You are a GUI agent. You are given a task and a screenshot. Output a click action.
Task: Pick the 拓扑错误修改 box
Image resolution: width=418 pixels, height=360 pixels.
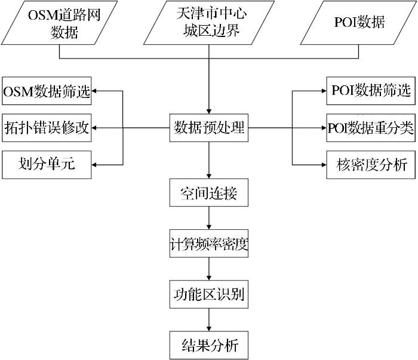[47, 128]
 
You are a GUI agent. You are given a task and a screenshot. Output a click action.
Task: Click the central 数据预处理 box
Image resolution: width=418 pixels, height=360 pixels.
[208, 128]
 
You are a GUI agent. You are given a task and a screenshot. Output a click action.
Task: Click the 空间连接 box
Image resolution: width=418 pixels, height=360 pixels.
[208, 194]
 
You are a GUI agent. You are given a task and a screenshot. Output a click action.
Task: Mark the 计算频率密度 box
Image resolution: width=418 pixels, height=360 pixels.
[208, 245]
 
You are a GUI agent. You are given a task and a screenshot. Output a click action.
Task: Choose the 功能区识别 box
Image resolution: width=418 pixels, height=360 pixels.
[208, 295]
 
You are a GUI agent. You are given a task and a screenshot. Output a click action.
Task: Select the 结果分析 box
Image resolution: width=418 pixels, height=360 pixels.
[208, 346]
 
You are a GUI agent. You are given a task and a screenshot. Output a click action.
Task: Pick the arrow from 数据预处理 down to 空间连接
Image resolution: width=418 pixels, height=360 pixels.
[208, 161]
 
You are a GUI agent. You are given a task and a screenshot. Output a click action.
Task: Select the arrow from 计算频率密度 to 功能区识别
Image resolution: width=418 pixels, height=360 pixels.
[208, 270]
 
